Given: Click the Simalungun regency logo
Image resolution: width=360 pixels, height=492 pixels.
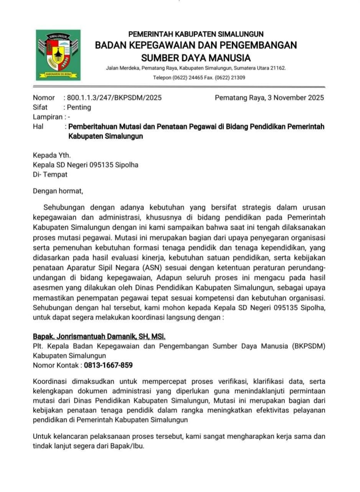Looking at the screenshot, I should coord(58,55).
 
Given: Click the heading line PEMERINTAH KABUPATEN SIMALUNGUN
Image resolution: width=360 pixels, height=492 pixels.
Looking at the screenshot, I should coord(196,34).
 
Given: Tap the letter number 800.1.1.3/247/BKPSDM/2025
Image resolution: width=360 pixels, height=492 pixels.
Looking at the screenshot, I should coord(114,98).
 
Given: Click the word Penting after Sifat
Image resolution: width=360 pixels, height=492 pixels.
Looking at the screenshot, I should coord(79,107).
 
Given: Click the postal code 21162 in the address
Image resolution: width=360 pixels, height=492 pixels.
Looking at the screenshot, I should coord(277,68).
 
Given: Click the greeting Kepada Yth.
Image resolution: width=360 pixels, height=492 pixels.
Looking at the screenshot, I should coord(52,155).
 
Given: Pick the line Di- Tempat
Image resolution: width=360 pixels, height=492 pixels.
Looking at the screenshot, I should coord(50,175).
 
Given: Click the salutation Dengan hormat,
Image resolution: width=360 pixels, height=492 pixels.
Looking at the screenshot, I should coord(58,190).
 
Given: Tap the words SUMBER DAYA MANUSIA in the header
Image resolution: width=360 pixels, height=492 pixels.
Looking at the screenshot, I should coord(196,58).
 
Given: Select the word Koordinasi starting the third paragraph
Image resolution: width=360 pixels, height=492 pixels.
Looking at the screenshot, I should coord(52,382).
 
